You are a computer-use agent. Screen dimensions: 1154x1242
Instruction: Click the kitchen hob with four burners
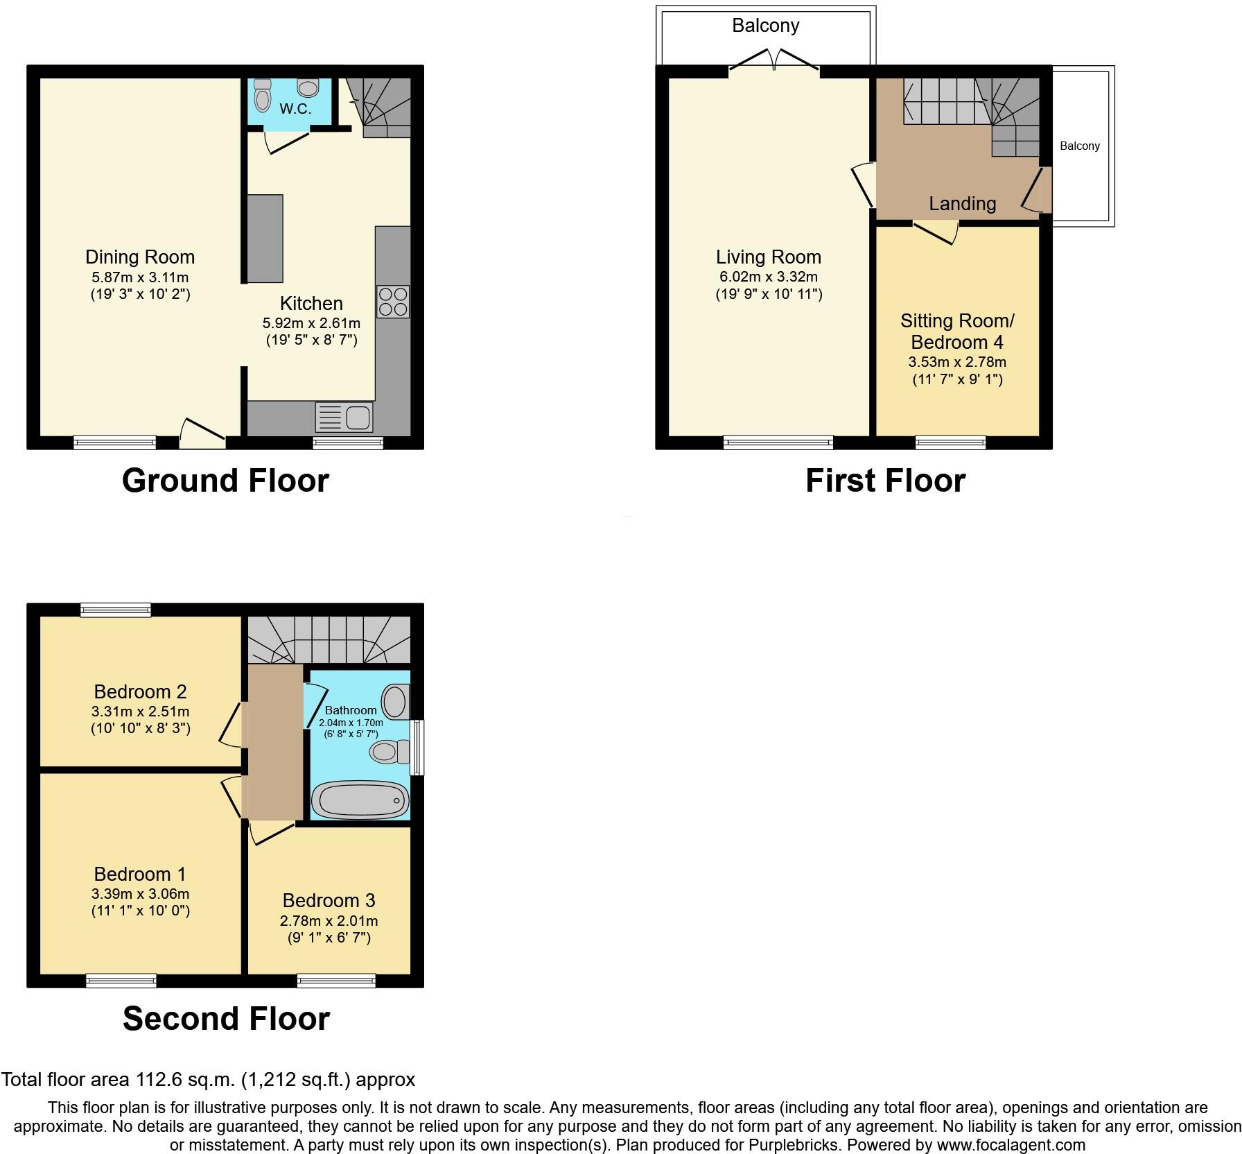[393, 302]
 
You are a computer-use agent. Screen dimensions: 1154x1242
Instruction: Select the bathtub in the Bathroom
[360, 800]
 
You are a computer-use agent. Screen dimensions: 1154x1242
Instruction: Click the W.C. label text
[295, 109]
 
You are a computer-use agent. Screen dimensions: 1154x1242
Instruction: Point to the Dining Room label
[140, 257]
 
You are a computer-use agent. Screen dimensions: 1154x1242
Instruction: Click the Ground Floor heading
[225, 481]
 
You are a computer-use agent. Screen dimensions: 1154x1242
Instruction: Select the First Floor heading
[885, 481]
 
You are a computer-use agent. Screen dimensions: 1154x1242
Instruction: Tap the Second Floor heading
[226, 1019]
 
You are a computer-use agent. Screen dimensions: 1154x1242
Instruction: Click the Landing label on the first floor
[962, 204]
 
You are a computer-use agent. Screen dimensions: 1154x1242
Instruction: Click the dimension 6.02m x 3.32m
[769, 277]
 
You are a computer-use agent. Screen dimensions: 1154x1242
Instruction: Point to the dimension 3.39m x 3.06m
[140, 894]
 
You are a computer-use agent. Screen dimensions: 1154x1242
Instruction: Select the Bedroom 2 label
[140, 691]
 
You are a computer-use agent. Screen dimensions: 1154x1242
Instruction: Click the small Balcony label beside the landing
[1079, 146]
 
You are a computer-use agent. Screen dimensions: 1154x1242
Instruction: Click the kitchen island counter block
[265, 239]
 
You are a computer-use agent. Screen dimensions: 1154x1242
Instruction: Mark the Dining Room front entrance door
[202, 434]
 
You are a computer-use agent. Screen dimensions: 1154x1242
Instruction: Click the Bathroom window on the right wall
[417, 748]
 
